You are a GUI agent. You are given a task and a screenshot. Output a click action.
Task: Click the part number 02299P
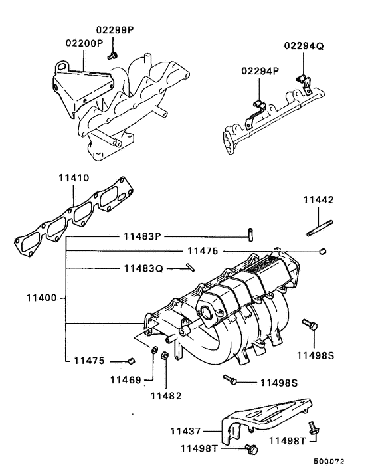click(115, 30)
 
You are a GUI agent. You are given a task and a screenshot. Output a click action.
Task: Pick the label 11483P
click(141, 236)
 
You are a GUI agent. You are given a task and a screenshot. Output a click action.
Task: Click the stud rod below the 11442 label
click(318, 231)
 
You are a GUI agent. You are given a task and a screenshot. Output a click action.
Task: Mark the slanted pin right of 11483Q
click(191, 268)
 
